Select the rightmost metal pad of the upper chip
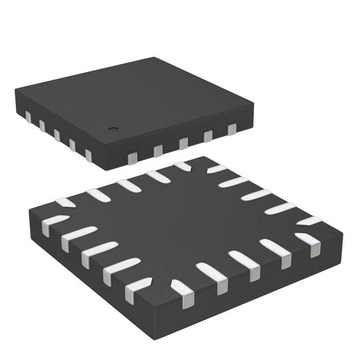click(x=231, y=130)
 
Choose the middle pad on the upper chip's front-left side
click(x=57, y=135)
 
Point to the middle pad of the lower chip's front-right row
click(x=244, y=262)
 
